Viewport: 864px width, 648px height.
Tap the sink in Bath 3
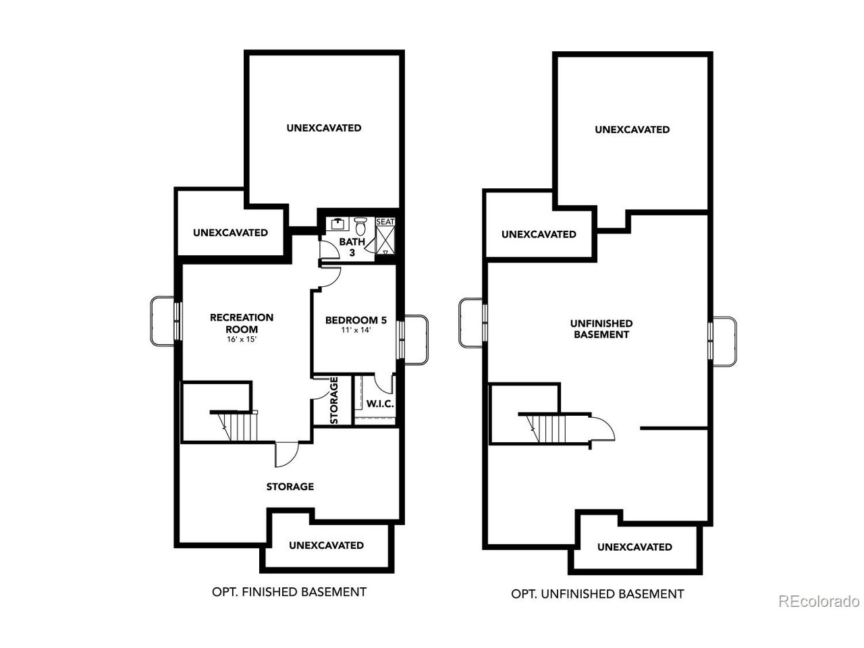(x=337, y=223)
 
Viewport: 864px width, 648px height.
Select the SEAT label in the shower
(x=385, y=222)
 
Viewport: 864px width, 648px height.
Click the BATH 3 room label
(x=352, y=246)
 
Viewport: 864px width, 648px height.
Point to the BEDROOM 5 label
(x=356, y=320)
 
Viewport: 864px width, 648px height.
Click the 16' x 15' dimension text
(x=242, y=339)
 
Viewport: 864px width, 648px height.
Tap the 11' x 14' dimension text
(x=356, y=330)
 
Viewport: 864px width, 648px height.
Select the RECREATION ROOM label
(x=242, y=323)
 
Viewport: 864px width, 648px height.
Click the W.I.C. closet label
(x=380, y=404)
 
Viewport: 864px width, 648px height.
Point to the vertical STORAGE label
(x=334, y=400)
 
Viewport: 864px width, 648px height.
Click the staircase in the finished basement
(x=234, y=425)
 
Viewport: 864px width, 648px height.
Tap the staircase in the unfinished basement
(x=543, y=428)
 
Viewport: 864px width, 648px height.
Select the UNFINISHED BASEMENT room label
(x=601, y=329)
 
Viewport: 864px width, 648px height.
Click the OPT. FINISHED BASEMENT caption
(x=289, y=592)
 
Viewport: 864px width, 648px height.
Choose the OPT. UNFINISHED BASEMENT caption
(x=597, y=594)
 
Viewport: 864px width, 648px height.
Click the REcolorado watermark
(x=819, y=601)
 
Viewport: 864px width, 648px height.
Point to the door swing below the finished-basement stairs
(x=287, y=454)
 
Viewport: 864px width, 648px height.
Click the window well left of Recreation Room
(x=163, y=321)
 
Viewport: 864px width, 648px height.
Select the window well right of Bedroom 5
(x=416, y=340)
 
